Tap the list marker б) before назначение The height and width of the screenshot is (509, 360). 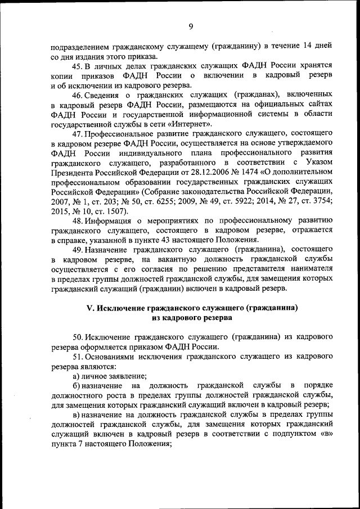(76, 385)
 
